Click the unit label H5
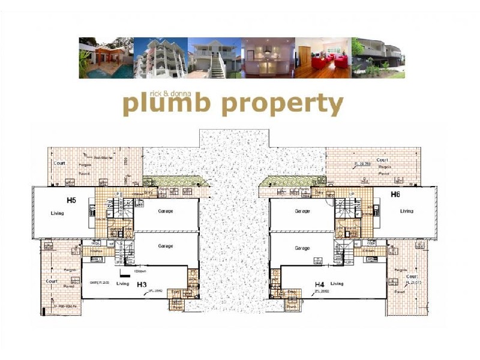[71, 199]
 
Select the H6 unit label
[395, 194]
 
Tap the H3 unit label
[142, 284]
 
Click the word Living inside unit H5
[58, 212]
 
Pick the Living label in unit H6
[407, 211]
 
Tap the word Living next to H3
[123, 284]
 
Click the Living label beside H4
[337, 283]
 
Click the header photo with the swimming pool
[106, 58]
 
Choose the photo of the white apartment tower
[160, 58]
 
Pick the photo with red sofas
[323, 58]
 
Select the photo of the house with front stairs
[214, 58]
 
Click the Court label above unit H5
[59, 163]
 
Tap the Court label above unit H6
[382, 160]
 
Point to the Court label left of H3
[52, 281]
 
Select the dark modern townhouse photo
[378, 58]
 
